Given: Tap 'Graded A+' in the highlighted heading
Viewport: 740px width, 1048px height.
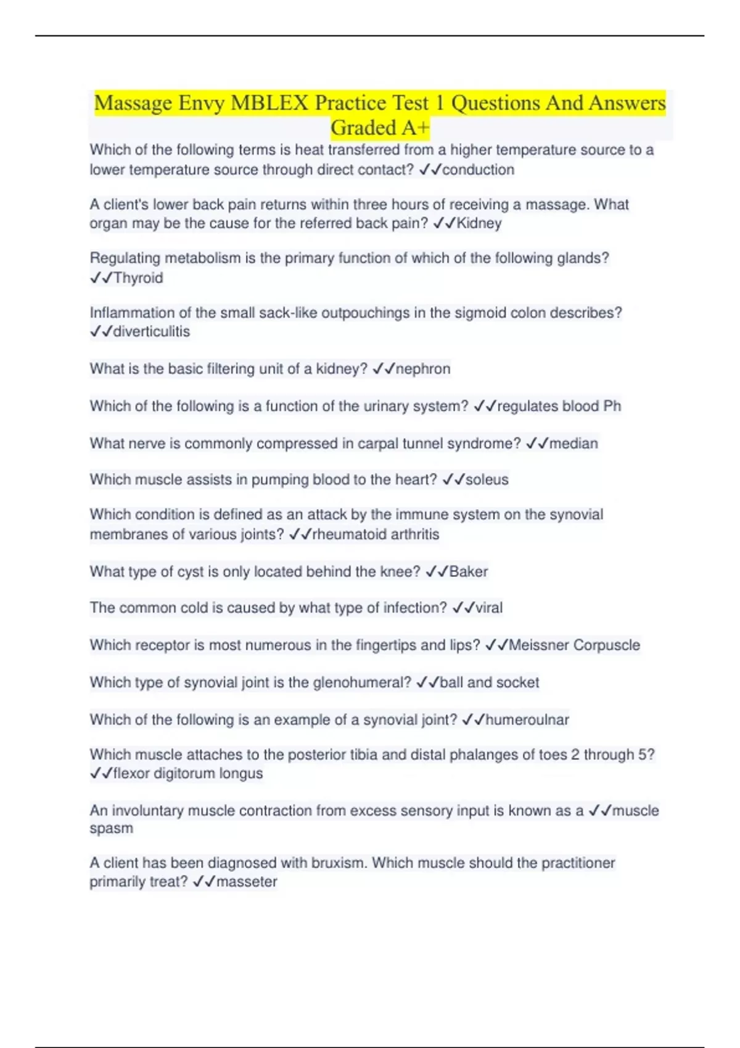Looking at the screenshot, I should click(380, 128).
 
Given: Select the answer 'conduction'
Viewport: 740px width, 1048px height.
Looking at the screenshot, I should click(478, 170).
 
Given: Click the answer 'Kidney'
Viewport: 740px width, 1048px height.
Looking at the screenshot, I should click(479, 223).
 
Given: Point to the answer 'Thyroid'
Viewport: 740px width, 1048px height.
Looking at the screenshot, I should click(138, 278).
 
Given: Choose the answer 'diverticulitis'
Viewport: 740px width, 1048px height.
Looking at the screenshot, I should click(152, 332).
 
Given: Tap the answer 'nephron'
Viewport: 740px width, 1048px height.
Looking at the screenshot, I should click(423, 369).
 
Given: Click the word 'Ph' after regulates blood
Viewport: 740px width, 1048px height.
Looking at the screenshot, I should click(612, 406).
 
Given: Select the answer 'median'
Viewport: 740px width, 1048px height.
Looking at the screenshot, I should click(573, 443).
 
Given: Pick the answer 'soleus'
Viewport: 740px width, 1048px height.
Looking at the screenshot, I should click(487, 480).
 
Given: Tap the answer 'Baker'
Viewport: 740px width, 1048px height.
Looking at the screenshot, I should click(469, 571).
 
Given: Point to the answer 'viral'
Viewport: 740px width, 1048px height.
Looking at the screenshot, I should click(489, 608).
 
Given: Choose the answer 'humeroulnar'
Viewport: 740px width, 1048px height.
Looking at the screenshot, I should click(527, 719).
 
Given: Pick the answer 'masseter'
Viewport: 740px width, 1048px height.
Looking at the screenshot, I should click(247, 882).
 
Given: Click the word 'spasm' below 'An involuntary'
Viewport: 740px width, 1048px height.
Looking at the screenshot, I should click(111, 829).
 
